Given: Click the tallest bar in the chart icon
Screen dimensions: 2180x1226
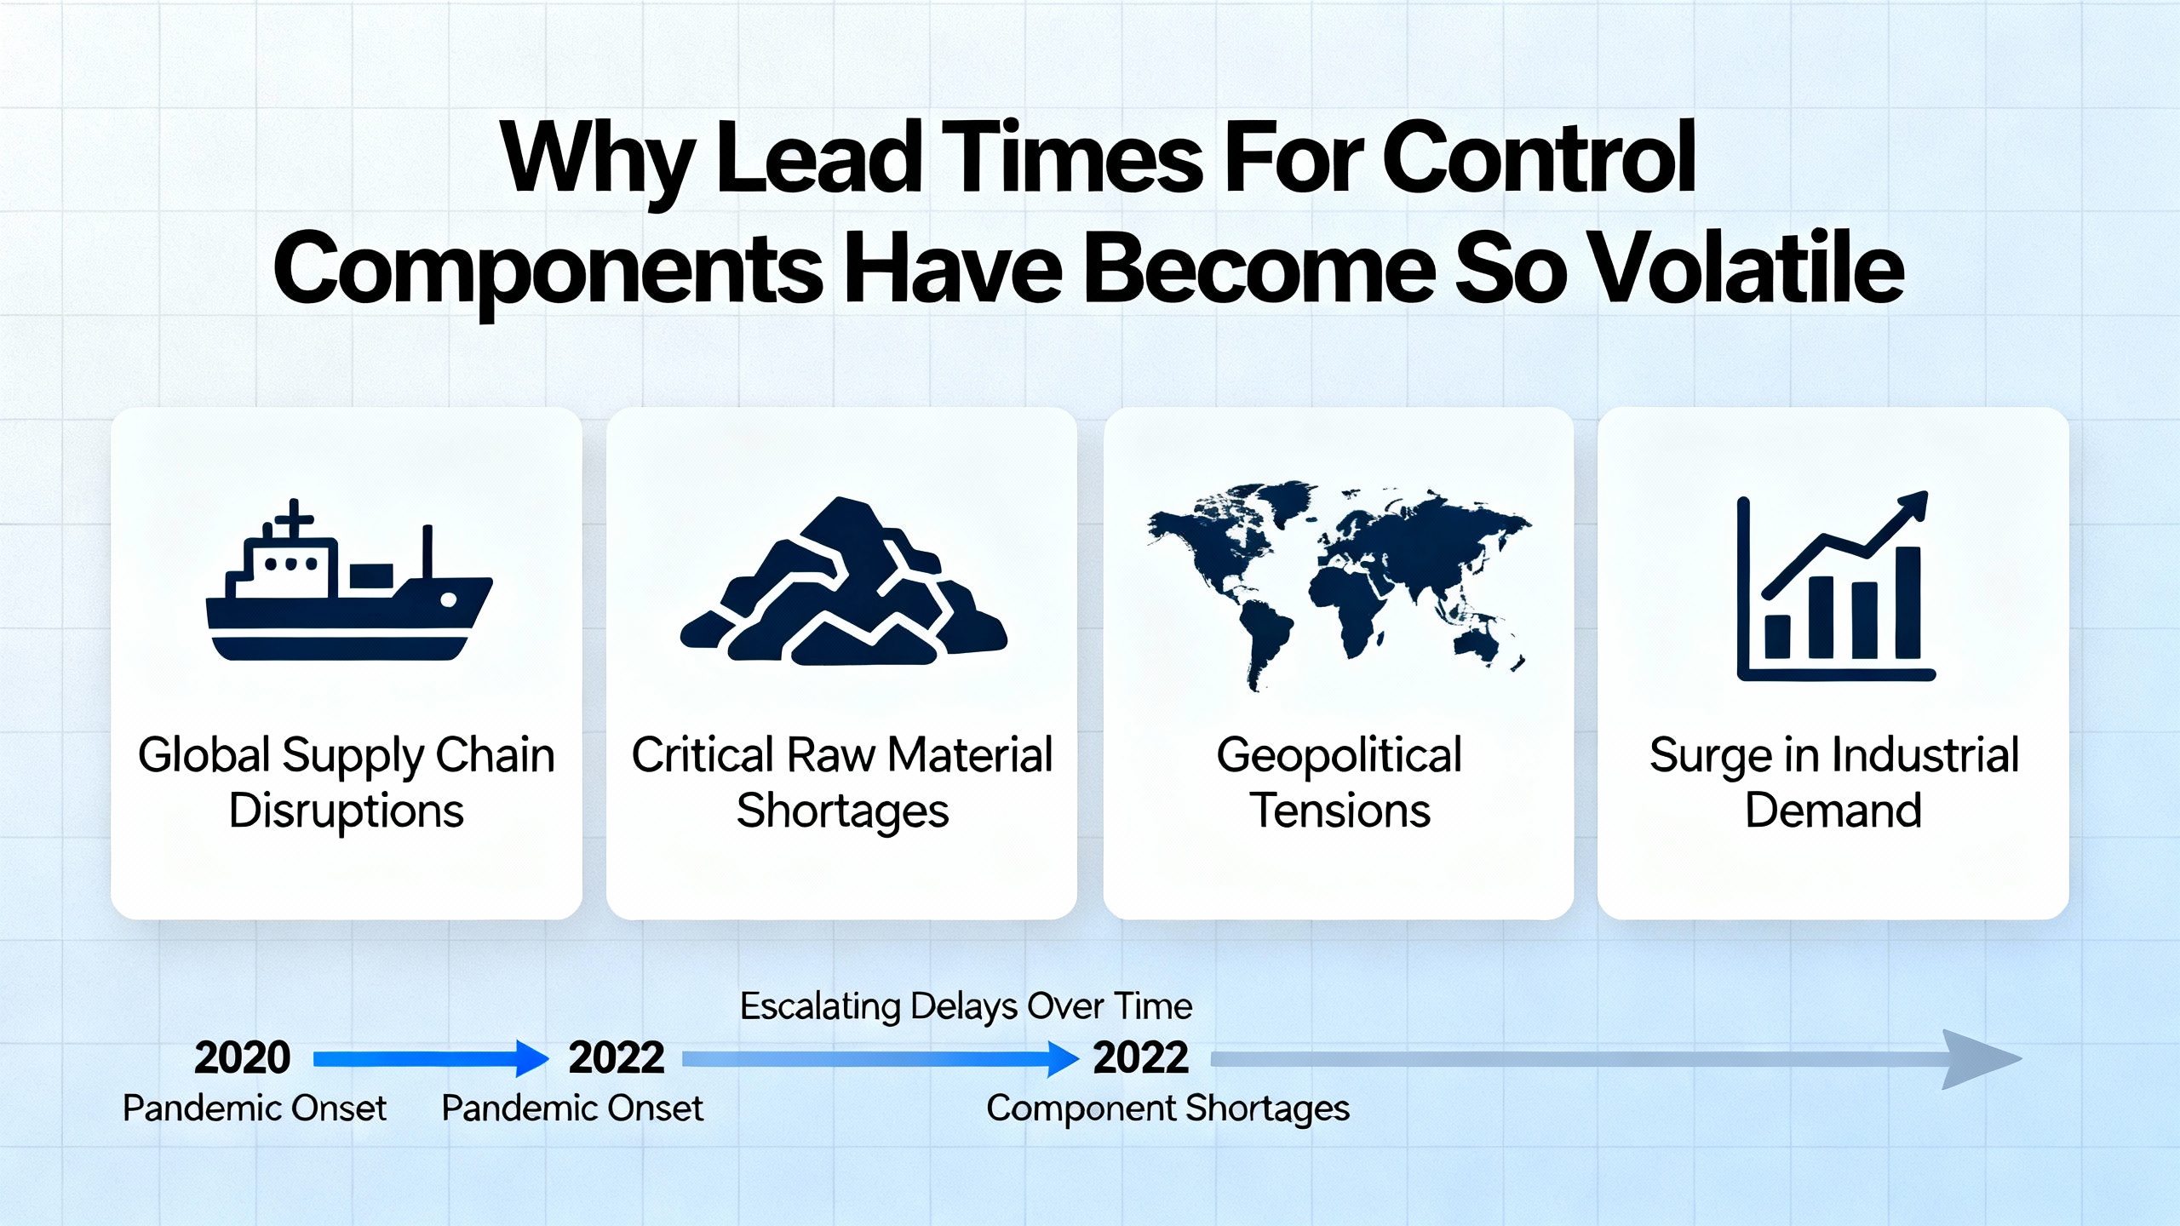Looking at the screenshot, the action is point(1908,602).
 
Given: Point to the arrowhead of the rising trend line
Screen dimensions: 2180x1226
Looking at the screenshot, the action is point(1913,505).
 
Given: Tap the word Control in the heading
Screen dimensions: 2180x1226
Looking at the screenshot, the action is point(1540,158).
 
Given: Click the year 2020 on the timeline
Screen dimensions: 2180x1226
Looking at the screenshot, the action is point(243,1057).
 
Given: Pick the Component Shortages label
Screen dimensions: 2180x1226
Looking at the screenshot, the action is point(1168,1109).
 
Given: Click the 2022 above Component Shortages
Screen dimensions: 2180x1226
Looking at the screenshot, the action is point(1140,1057).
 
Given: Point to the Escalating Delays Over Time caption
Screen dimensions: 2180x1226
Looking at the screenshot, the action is point(966,1006).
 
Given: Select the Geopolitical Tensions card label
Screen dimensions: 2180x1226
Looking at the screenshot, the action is point(1340,782).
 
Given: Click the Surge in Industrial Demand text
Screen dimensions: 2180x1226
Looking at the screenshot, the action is point(1834,782).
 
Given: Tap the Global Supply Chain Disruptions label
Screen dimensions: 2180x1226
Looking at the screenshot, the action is point(347,782).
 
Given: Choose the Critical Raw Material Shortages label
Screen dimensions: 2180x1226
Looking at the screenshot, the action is point(842,782).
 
